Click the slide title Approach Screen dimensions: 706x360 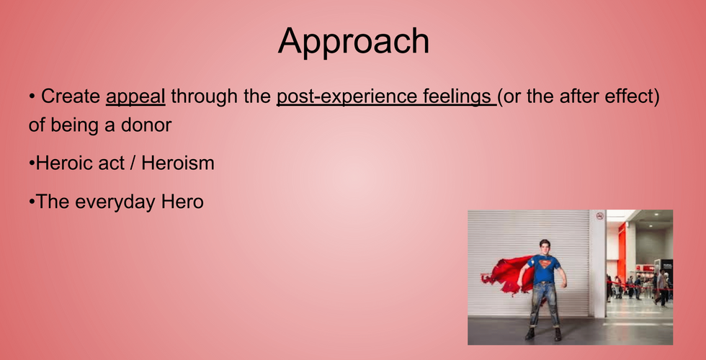pyautogui.click(x=354, y=42)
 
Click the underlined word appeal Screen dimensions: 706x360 pyautogui.click(x=135, y=97)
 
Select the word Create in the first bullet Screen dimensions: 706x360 pyautogui.click(x=71, y=96)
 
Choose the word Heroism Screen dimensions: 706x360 pyautogui.click(x=178, y=163)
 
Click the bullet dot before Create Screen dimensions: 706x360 pyautogui.click(x=32, y=96)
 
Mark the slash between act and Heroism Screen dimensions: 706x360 pyautogui.click(x=133, y=163)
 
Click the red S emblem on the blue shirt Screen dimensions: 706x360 pyautogui.click(x=545, y=262)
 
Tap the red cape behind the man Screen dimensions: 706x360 pyautogui.click(x=506, y=274)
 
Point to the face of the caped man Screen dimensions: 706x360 pyautogui.click(x=545, y=248)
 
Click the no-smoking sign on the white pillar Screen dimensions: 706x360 pyautogui.click(x=599, y=216)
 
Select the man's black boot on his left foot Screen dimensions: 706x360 pyautogui.click(x=558, y=334)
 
